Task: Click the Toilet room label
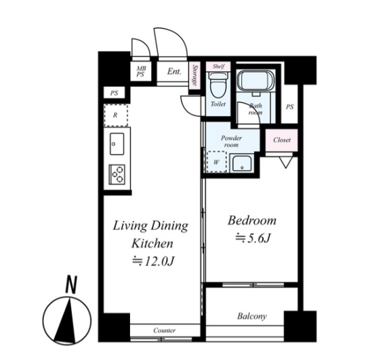(218, 104)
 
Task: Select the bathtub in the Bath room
(255, 80)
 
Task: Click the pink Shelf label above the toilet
(219, 66)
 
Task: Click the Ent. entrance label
(174, 71)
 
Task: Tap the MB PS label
(141, 71)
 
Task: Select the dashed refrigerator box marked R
(116, 115)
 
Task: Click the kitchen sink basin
(117, 144)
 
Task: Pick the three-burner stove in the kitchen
(117, 174)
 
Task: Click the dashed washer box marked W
(216, 162)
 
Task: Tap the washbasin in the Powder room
(242, 164)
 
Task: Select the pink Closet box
(282, 140)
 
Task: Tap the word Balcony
(252, 316)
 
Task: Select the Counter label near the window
(164, 330)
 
